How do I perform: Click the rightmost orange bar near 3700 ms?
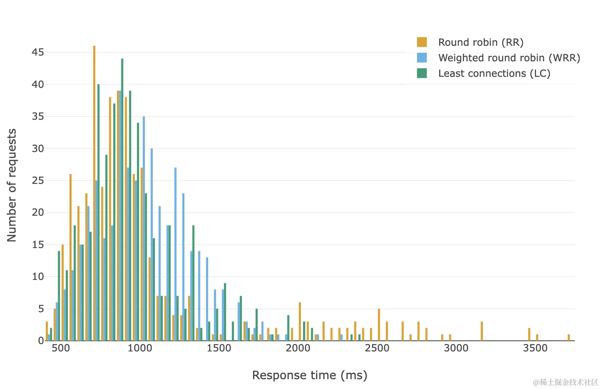[x=569, y=338]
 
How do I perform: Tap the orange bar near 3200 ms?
[x=482, y=331]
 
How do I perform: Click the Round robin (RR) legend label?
[x=480, y=42]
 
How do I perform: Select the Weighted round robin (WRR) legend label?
[x=509, y=58]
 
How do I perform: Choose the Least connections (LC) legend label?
[x=494, y=74]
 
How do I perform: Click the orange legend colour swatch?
[x=422, y=42]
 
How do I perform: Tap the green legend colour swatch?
[x=422, y=74]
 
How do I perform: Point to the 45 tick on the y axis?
[x=38, y=52]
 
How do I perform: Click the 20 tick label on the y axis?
[x=38, y=212]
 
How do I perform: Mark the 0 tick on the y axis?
[x=40, y=341]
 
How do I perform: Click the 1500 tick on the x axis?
[x=219, y=348]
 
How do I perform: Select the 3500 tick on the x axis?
[x=535, y=348]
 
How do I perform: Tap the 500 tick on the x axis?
[x=61, y=348]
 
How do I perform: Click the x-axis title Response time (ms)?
[x=309, y=375]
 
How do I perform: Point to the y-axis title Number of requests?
[x=12, y=185]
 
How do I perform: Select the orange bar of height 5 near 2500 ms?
[x=379, y=325]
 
